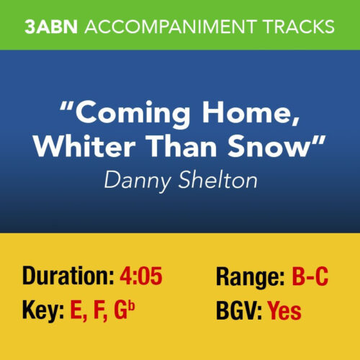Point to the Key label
(43, 311)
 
